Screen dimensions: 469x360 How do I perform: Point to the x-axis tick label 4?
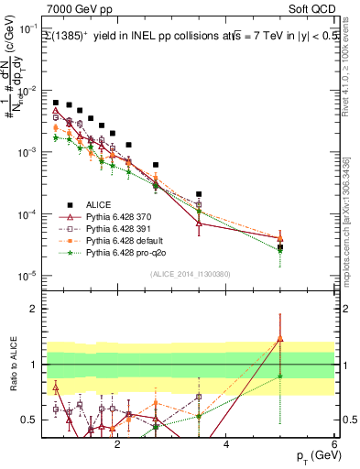(x=226, y=445)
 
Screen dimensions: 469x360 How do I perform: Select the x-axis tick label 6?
(x=335, y=445)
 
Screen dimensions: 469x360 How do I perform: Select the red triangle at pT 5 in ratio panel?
(x=280, y=339)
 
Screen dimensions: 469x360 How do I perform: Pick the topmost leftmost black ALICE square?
(x=56, y=103)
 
